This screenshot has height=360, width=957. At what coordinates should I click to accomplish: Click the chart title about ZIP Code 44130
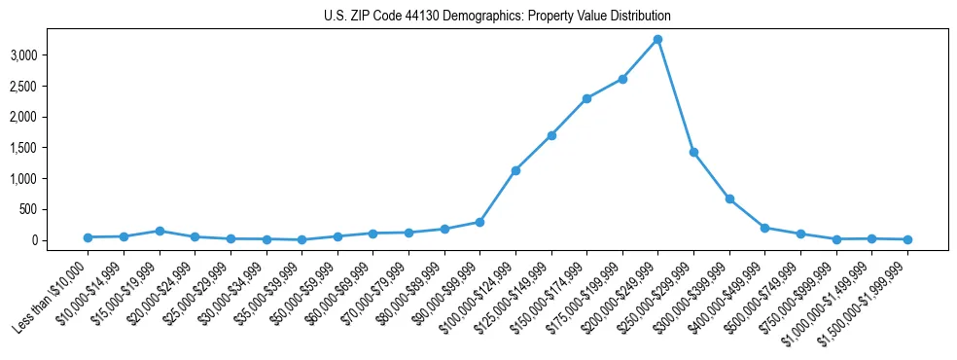497,17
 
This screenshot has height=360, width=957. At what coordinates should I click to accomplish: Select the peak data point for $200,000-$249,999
657,39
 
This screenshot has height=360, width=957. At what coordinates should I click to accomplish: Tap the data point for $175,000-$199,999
622,79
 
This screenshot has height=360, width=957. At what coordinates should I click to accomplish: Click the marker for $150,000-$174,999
586,98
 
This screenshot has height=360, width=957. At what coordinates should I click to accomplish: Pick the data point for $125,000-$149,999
551,135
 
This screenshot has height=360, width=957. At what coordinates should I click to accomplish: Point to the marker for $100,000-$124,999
515,170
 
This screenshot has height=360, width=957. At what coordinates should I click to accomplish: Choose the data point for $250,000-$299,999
693,152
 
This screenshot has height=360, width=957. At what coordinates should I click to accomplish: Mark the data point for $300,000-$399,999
729,198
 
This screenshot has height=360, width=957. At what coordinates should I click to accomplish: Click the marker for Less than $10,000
88,237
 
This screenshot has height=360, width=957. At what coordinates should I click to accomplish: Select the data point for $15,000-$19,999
159,231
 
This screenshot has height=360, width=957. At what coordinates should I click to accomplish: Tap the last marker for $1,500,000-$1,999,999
907,239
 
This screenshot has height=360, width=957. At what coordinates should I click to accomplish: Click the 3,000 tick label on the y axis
22,55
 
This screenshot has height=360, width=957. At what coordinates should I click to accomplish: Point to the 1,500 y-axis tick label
22,148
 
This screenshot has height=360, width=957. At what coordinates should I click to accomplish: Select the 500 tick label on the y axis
28,209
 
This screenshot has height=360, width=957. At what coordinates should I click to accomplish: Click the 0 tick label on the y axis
33,240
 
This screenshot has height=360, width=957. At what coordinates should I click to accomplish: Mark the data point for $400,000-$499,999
764,228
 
